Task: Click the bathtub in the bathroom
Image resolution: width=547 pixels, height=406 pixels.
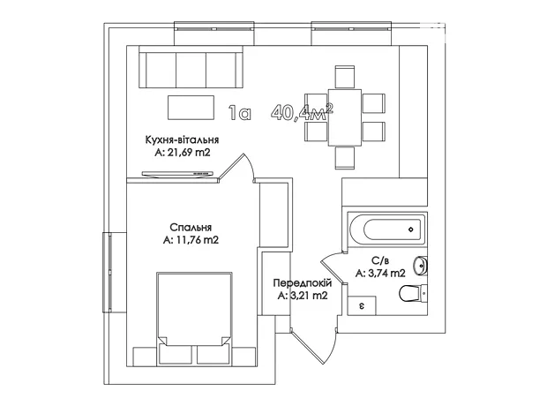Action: [387, 229]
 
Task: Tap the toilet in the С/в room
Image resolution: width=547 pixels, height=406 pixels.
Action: [413, 294]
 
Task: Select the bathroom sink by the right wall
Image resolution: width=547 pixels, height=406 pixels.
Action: [420, 265]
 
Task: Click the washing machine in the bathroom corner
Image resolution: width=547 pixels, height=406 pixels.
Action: [362, 305]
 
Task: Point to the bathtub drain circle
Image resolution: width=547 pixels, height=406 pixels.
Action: [410, 229]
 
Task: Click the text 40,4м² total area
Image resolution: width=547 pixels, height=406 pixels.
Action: [303, 112]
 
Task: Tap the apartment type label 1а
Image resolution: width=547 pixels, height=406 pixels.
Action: [240, 113]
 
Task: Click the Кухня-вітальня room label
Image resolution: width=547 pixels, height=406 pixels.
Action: [182, 140]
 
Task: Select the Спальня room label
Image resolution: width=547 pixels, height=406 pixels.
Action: [191, 228]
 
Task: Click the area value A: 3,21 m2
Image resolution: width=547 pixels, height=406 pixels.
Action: [303, 296]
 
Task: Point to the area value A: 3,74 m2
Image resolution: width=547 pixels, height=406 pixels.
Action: [380, 274]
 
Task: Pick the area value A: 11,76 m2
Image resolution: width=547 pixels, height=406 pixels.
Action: [191, 240]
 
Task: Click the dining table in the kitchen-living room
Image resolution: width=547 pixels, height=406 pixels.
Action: [345, 117]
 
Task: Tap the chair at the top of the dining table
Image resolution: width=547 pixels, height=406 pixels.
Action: [345, 77]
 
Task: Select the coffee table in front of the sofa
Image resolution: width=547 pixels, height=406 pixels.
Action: [191, 108]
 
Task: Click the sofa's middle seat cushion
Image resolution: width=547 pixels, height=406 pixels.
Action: [191, 70]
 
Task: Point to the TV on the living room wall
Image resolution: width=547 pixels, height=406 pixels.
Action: [177, 174]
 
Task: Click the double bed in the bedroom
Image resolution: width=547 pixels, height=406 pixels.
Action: [194, 318]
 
